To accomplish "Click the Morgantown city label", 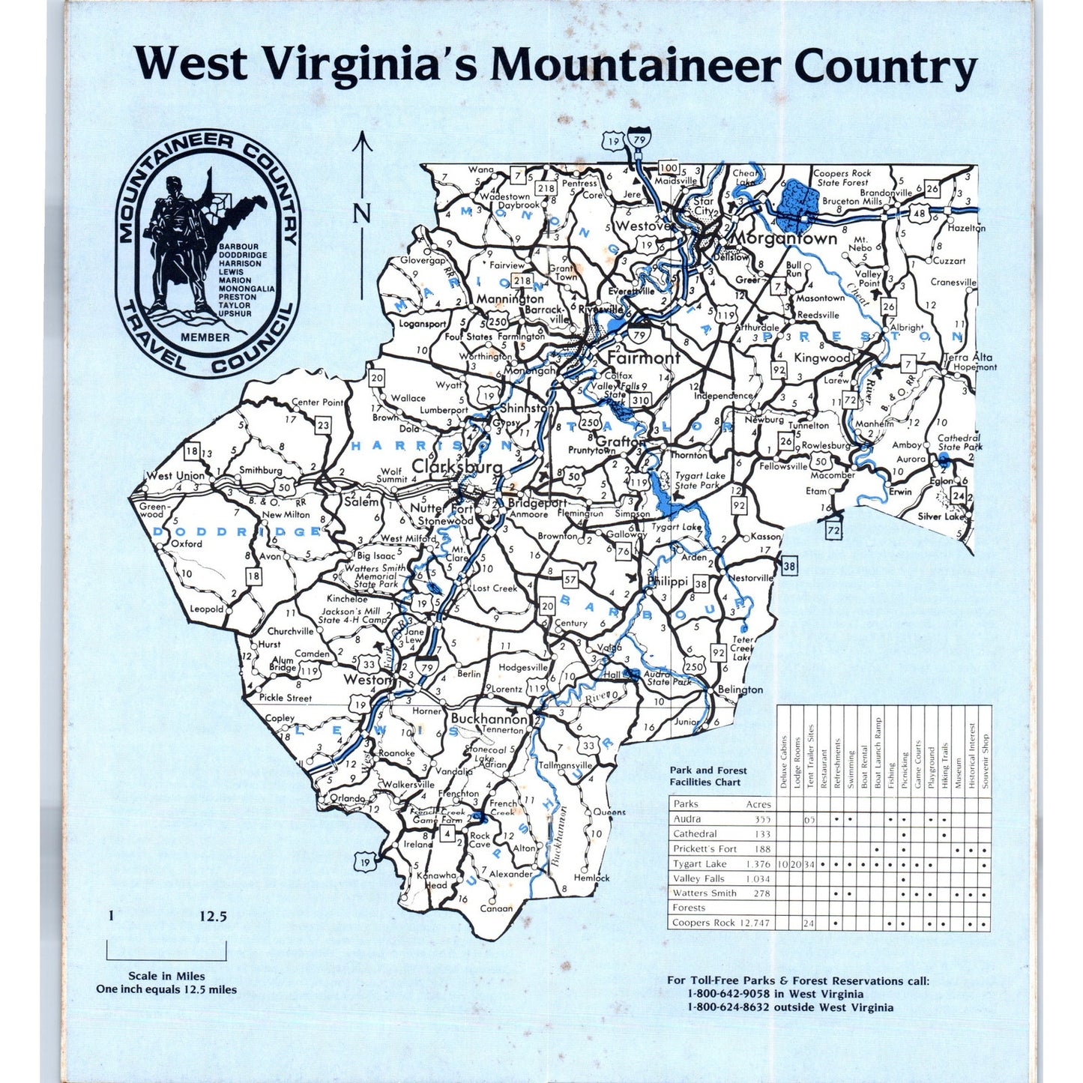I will coord(783,238).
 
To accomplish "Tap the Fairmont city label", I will coord(643,358).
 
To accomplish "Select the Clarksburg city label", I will coord(456,466).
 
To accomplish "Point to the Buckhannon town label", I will coord(489,718).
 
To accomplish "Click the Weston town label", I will coord(367,680).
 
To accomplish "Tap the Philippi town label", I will coord(668,581).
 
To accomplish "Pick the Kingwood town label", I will coord(821,358).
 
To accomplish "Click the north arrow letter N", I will coord(362,213).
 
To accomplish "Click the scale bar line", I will coord(166,959).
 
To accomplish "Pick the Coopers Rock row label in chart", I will coord(704,923).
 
